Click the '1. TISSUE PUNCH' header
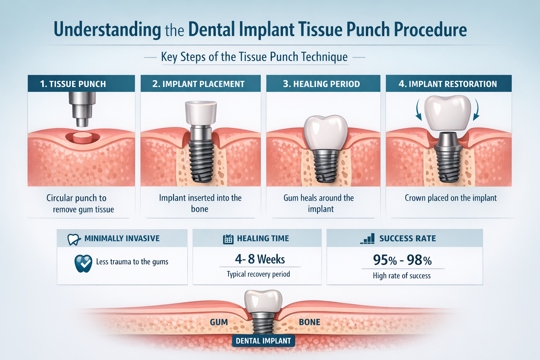click(x=73, y=84)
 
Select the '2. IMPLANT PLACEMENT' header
click(x=198, y=84)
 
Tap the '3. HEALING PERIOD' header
click(x=321, y=84)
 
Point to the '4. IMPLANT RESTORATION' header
click(x=448, y=84)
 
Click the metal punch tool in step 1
click(x=82, y=107)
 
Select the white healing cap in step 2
click(x=201, y=113)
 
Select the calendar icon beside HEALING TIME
click(x=228, y=239)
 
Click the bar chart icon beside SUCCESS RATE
click(x=368, y=239)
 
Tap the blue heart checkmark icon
click(x=83, y=263)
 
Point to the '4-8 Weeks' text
click(x=260, y=259)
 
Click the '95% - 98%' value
click(x=402, y=260)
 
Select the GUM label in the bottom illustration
click(x=219, y=322)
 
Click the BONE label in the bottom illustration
click(x=309, y=322)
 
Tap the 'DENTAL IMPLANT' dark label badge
click(x=263, y=341)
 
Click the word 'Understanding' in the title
click(x=107, y=30)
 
